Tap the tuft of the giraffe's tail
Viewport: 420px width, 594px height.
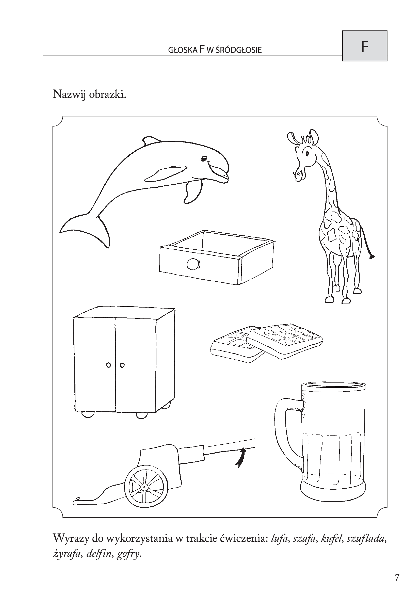tap(373, 257)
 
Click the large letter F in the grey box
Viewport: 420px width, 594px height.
tap(364, 47)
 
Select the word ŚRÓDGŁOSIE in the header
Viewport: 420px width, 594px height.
tap(238, 50)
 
